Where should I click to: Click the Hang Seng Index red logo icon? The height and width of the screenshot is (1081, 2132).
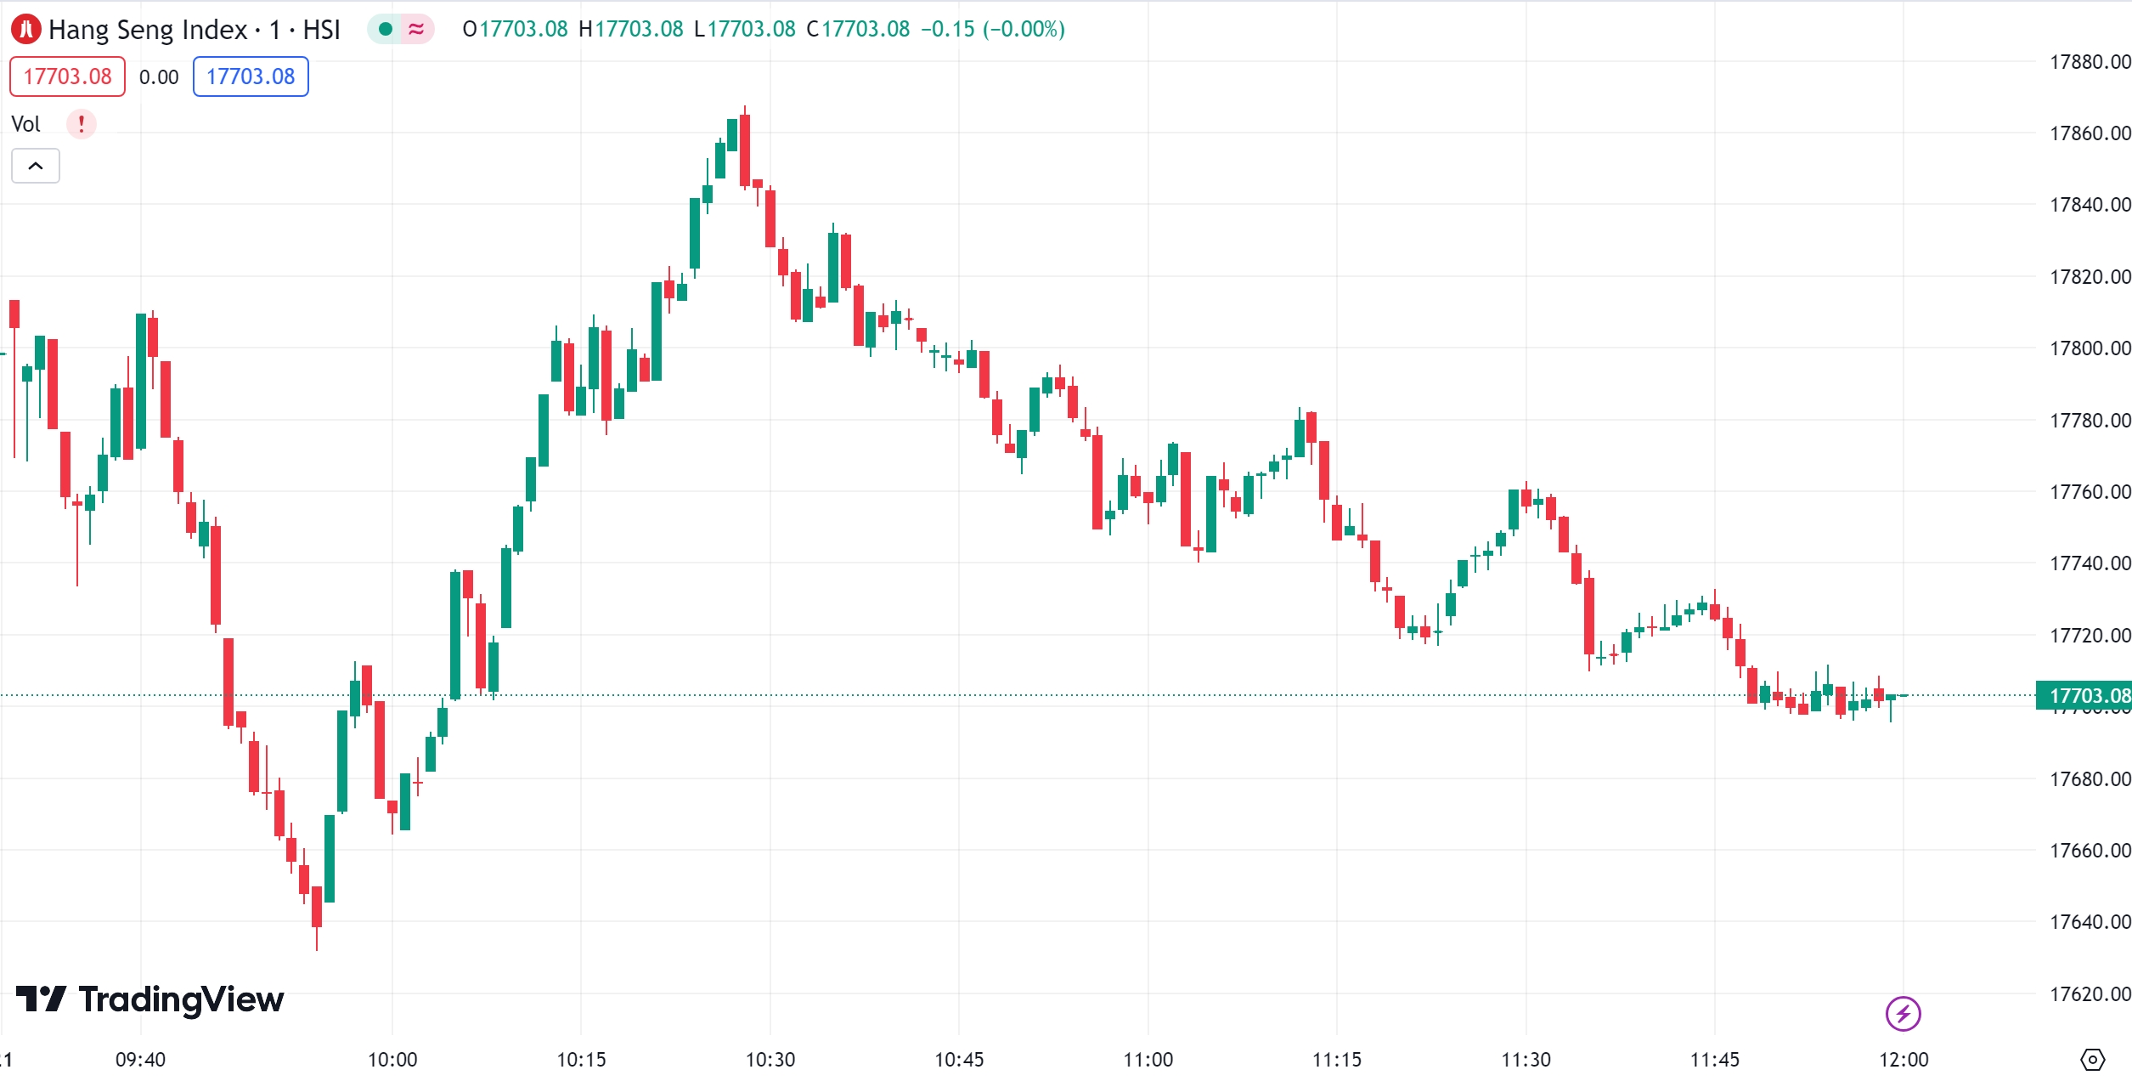click(25, 29)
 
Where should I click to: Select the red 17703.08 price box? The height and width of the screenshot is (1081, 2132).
click(67, 76)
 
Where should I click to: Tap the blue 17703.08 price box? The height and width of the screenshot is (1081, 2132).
click(251, 76)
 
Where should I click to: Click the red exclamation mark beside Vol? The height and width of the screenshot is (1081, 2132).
click(82, 124)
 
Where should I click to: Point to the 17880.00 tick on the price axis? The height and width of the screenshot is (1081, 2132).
click(2089, 62)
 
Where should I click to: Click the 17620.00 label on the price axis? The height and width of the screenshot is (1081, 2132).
click(2089, 993)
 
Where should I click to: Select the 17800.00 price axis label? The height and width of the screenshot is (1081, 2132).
click(2089, 348)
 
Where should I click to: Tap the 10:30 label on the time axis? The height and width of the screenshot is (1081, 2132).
click(770, 1060)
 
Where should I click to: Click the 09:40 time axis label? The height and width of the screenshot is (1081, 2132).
click(141, 1060)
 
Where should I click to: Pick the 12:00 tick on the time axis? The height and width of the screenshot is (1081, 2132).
click(1904, 1060)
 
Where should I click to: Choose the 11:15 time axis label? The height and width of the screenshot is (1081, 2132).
click(1337, 1060)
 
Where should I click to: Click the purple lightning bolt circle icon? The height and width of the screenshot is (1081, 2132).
click(1903, 1014)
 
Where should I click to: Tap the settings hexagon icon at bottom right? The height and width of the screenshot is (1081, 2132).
click(2092, 1060)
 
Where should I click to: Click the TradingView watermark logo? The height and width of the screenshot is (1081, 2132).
click(150, 999)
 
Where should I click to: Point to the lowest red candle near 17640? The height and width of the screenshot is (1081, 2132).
click(317, 906)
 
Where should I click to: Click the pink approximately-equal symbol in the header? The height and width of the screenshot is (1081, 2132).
click(416, 29)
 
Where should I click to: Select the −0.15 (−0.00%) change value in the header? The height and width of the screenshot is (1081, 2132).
click(992, 29)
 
